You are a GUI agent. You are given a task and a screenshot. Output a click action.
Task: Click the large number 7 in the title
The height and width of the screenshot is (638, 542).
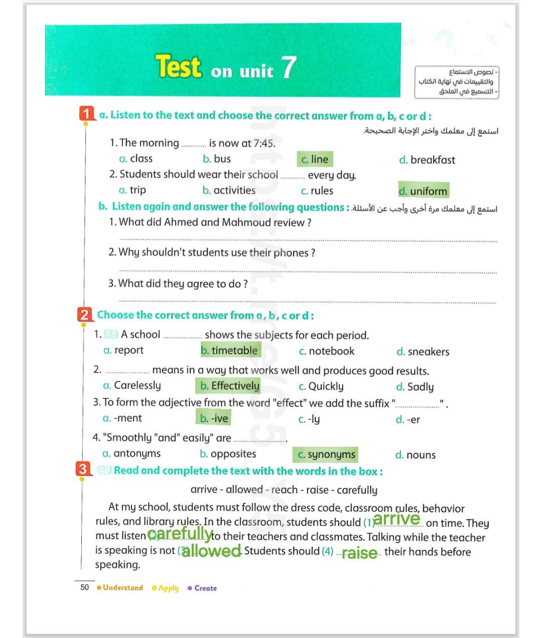coord(288,67)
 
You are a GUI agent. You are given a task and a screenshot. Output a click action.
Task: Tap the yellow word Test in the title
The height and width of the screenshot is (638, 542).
coord(178,67)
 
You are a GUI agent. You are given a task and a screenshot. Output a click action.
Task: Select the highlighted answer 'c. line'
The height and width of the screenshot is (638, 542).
coord(315,160)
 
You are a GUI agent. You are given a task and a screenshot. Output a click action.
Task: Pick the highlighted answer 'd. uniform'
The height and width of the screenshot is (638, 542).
coord(423,191)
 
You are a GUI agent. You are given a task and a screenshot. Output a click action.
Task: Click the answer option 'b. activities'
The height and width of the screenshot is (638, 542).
coord(229,190)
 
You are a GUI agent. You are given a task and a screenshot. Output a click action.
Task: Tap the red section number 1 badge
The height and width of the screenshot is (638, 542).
coord(87,114)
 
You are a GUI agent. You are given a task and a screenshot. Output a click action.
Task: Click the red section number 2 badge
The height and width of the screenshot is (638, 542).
coord(84,315)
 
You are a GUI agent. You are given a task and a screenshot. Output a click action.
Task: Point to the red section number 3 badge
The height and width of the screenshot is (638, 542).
coord(83,469)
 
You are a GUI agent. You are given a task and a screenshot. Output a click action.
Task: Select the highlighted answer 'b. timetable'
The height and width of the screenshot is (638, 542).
coord(230,350)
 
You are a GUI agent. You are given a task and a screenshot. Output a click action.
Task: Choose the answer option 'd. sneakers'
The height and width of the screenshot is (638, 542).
coord(423,352)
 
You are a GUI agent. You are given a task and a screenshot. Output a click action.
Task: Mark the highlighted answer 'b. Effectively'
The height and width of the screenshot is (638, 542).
coord(230,386)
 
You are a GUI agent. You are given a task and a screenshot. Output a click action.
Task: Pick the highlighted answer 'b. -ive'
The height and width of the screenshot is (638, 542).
coord(214,418)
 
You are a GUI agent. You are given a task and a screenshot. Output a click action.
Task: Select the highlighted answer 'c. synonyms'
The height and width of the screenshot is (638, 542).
coord(326,455)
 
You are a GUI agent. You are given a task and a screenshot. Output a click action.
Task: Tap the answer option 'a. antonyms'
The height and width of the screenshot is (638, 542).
coord(131,454)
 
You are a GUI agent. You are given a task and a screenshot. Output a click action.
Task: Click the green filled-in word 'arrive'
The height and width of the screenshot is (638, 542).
coord(396,519)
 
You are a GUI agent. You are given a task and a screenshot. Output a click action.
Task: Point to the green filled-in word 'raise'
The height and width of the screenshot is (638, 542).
coord(359,553)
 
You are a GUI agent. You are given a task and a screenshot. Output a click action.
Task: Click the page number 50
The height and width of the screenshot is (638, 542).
coord(85,587)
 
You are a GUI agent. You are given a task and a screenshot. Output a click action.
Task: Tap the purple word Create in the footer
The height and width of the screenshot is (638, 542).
coord(205,588)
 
